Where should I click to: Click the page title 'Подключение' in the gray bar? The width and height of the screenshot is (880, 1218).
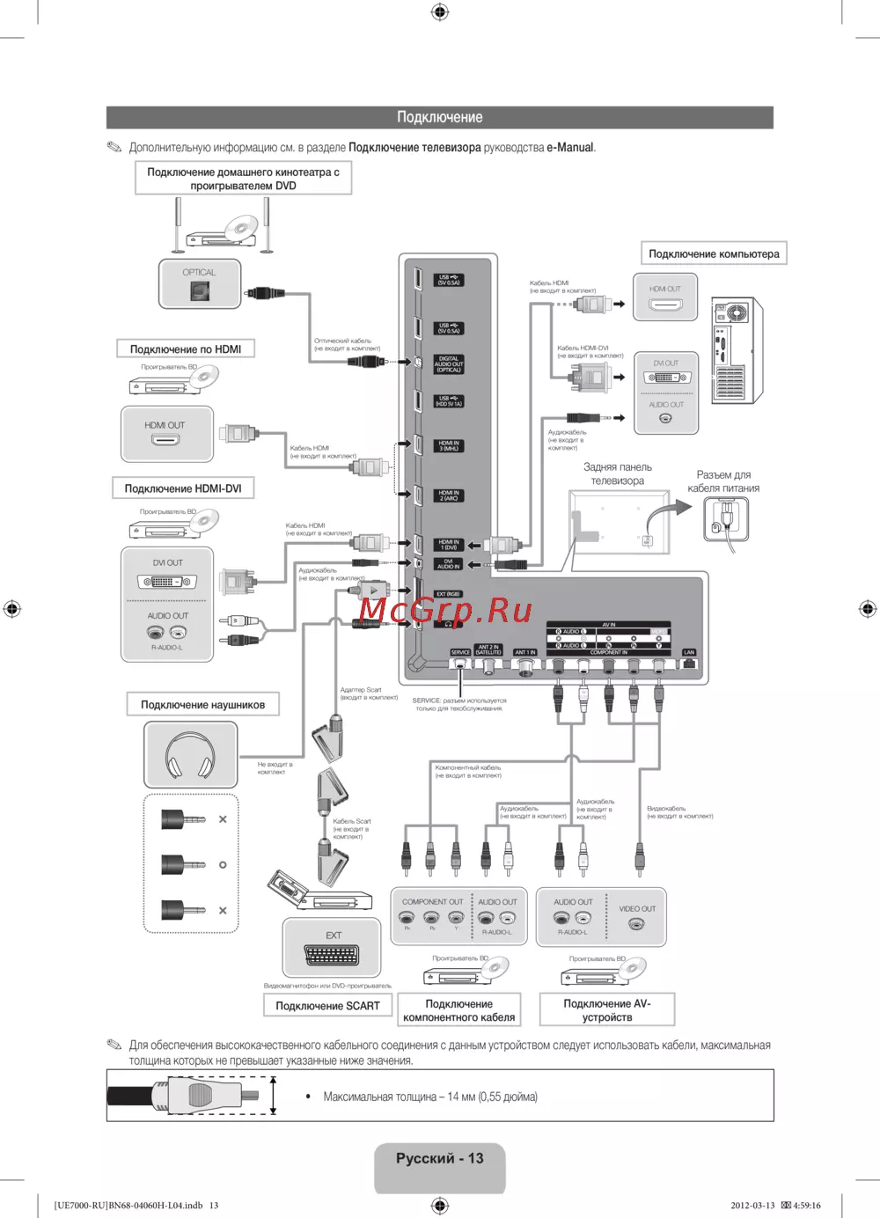point(439,117)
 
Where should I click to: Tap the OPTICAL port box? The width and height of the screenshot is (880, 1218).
point(200,283)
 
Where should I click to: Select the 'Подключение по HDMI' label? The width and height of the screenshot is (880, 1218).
point(186,349)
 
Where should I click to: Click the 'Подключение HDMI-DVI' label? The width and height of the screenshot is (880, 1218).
point(183,488)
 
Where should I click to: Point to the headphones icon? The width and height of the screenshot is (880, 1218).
point(190,754)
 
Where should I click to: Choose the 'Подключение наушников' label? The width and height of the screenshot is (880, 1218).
point(202,705)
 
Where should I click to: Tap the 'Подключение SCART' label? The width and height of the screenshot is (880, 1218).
point(327,1006)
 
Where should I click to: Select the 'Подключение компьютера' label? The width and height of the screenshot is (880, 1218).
point(714,254)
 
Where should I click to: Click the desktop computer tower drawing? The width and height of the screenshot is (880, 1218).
point(737,349)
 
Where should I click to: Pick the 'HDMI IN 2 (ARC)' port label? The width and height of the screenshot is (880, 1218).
point(449,495)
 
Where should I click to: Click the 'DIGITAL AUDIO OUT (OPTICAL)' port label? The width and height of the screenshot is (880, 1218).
point(449,364)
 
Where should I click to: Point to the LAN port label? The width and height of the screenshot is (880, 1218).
point(689,653)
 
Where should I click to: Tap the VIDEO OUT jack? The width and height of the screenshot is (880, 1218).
point(637,923)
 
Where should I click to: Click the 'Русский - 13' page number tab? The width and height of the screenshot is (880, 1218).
point(440,1159)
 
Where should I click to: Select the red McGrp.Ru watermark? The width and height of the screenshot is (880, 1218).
point(445,610)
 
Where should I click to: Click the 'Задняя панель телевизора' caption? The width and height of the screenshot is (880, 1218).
point(618,474)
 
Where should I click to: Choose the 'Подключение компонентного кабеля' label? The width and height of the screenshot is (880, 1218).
point(458,1010)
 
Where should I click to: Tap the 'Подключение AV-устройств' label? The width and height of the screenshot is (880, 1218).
point(607,1010)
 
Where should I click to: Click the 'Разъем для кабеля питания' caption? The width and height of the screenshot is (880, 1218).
point(723,481)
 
